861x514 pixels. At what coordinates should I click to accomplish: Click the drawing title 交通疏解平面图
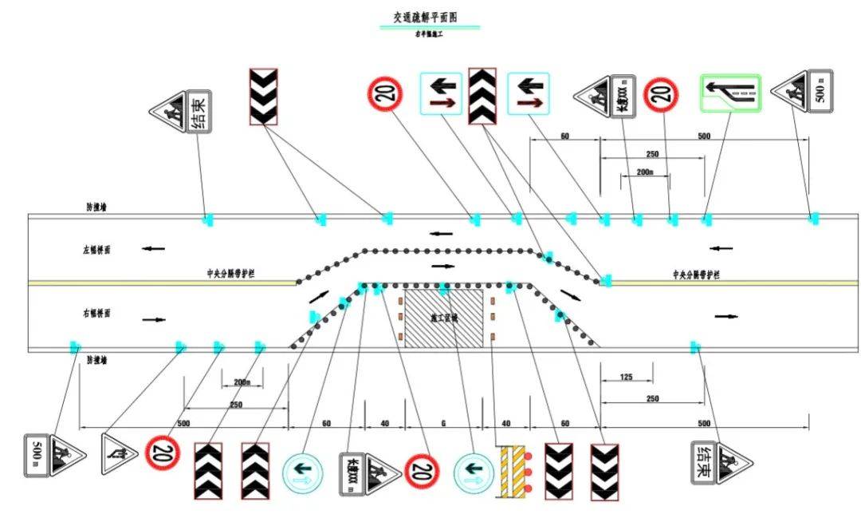[430, 17]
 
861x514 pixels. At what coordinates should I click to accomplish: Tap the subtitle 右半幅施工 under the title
[430, 34]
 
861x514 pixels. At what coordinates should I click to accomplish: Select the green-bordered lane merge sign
[730, 93]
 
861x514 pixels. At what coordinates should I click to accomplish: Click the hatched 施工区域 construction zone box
[443, 318]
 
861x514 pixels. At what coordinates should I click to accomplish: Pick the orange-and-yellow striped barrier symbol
[515, 470]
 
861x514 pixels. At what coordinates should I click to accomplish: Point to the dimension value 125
[626, 376]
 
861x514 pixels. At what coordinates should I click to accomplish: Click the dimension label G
[443, 424]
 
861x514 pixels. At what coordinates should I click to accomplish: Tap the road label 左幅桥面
[96, 250]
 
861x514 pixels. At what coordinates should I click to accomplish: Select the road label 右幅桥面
[96, 314]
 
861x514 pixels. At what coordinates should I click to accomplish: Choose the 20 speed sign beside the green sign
[661, 94]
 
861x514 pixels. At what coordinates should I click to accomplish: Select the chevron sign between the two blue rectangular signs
[483, 96]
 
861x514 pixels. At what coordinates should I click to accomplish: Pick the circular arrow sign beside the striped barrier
[474, 472]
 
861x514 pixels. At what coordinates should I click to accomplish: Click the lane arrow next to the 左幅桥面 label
[153, 249]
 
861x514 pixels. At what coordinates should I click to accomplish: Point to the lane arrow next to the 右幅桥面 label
[154, 319]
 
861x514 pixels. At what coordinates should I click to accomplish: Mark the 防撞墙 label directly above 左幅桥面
[96, 207]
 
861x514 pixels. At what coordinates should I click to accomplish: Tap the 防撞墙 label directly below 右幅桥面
[96, 360]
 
